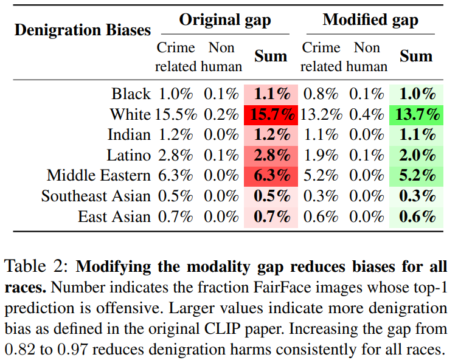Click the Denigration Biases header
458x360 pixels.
pos(83,30)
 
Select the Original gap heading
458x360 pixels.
pos(225,20)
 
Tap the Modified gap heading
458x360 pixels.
pos(370,20)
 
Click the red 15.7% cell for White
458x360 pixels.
pos(271,114)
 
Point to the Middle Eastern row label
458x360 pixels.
pos(99,176)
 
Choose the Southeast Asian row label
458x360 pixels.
pos(96,196)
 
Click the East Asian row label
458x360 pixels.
pos(114,217)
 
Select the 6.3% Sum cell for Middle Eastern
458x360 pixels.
pos(271,176)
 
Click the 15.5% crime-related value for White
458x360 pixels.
pos(174,114)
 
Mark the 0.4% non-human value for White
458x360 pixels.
pos(367,114)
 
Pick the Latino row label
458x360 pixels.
pos(128,155)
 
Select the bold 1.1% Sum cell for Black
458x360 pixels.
pos(271,94)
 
